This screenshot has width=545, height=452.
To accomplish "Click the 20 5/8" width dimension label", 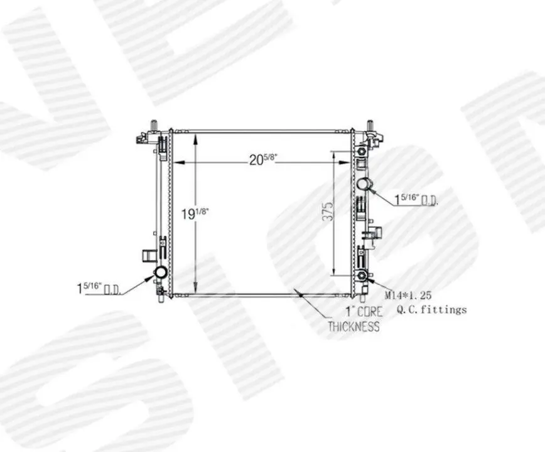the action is (x=262, y=159).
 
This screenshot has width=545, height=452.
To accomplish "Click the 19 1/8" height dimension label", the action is (x=195, y=213).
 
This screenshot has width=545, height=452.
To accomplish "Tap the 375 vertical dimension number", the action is (x=328, y=210).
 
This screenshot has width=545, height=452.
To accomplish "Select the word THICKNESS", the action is (x=353, y=326).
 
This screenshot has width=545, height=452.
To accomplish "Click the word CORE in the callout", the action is (x=369, y=311).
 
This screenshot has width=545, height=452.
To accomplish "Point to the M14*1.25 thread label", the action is (x=407, y=296).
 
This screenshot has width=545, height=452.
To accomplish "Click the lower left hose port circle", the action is (x=161, y=272).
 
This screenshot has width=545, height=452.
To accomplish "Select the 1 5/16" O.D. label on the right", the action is (x=416, y=200).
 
